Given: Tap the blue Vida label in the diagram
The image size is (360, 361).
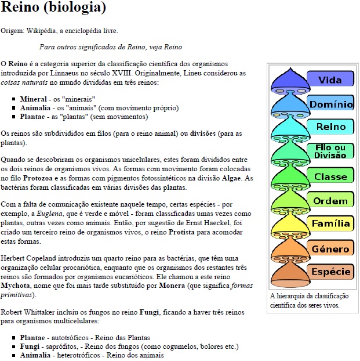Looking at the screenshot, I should [x=330, y=80].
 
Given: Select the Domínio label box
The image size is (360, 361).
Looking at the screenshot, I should [x=330, y=104].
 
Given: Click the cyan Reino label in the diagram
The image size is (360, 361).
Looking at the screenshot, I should [x=330, y=127].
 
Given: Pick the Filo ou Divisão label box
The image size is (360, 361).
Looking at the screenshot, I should [x=330, y=151].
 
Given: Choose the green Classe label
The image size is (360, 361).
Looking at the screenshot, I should [x=330, y=176].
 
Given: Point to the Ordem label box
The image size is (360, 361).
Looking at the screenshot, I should [x=330, y=201].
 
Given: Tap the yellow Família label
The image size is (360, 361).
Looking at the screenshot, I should [x=330, y=223].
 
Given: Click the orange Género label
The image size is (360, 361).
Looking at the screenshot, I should [x=330, y=248].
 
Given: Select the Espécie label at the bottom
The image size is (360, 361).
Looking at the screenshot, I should [x=330, y=272].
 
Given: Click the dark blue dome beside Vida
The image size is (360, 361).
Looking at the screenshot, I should [x=288, y=81].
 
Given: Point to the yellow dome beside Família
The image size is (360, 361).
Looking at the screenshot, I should [x=288, y=225].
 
